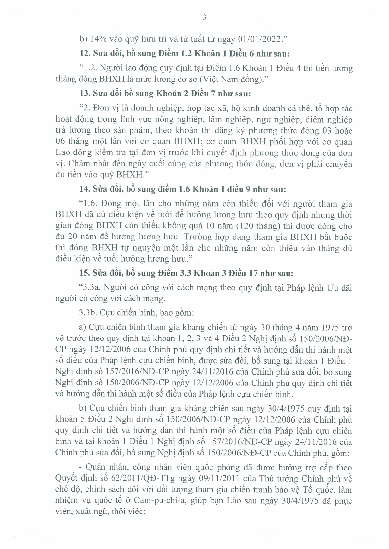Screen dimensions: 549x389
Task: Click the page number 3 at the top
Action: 204,18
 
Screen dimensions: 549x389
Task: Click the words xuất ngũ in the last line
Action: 89,512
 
